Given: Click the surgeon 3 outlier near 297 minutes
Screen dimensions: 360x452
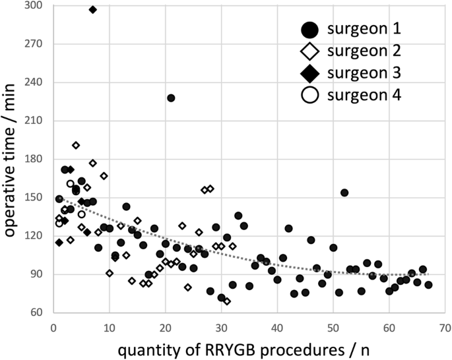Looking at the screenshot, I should [92, 9].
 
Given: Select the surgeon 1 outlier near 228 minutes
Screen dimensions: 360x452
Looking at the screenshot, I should [171, 98].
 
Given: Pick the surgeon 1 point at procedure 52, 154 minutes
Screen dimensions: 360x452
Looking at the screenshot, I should [344, 193].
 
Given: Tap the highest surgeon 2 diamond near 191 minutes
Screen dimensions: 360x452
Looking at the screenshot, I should [76, 145].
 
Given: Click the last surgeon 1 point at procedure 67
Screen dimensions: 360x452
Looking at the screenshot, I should [428, 285].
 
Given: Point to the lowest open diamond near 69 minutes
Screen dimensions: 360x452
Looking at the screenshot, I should [227, 301].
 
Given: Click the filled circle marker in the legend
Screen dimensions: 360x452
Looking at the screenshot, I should [309, 29].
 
